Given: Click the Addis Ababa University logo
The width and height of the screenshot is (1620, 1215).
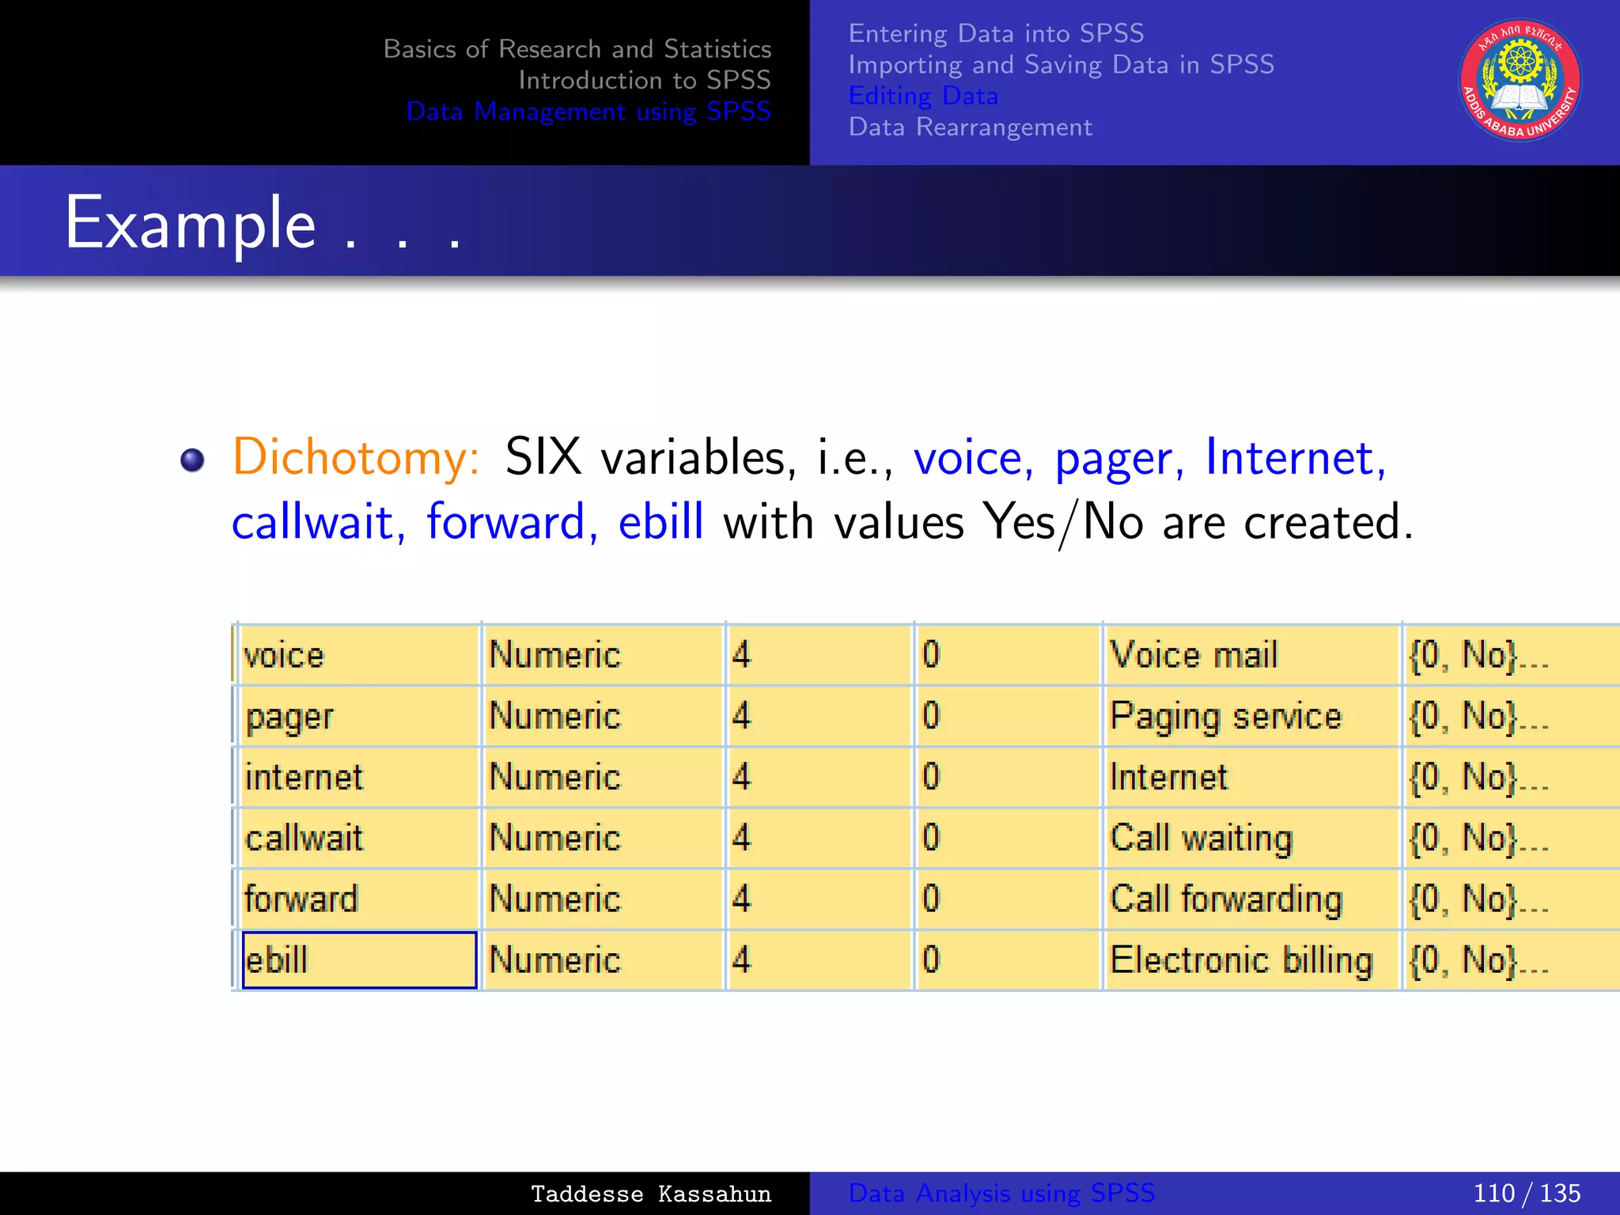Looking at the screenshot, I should point(1520,80).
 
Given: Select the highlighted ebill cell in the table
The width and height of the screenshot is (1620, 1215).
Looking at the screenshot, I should point(359,960).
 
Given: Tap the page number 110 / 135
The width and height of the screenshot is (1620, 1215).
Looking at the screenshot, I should point(1526,1193).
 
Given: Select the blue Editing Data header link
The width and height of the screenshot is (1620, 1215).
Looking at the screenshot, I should point(923,96).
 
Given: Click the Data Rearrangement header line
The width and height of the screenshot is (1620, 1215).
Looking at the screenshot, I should point(970,127).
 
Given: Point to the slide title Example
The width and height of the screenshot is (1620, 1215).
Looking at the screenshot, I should point(191,223).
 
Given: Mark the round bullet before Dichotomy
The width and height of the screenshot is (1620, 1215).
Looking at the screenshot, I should point(192,460).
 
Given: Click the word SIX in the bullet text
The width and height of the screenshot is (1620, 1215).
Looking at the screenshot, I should point(543,457).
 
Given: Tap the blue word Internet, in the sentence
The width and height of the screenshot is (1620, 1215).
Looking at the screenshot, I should point(1295,457).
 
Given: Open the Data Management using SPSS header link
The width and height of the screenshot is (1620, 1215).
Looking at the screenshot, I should point(588,112).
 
